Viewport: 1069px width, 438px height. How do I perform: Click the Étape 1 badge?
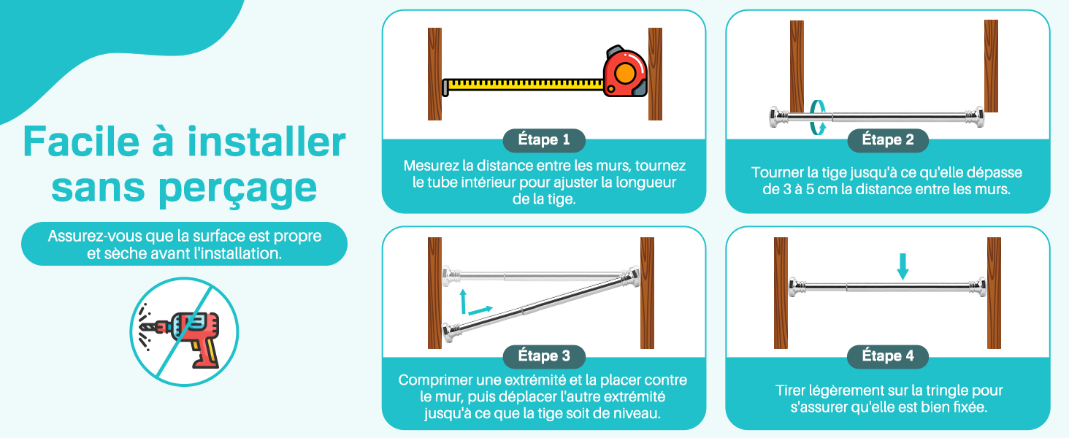click(x=544, y=140)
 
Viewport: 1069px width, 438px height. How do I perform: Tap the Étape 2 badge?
click(x=888, y=140)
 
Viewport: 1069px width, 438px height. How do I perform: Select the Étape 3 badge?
click(x=544, y=356)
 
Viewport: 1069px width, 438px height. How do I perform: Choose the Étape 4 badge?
click(x=888, y=356)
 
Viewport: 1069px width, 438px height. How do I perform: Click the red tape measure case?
click(x=625, y=72)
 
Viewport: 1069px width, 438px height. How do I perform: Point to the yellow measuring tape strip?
click(x=523, y=85)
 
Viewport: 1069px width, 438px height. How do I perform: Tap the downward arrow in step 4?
click(x=903, y=266)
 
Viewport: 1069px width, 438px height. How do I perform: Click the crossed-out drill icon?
click(x=184, y=331)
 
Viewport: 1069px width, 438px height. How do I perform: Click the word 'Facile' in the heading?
click(x=81, y=142)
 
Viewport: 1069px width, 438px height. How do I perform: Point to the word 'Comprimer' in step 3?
click(x=432, y=380)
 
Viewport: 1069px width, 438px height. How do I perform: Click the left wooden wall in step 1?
click(x=434, y=74)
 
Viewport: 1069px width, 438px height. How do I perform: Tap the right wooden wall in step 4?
click(x=994, y=293)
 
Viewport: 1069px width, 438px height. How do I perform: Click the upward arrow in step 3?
click(x=463, y=301)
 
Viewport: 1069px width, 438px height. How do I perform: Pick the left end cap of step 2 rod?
click(x=779, y=118)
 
